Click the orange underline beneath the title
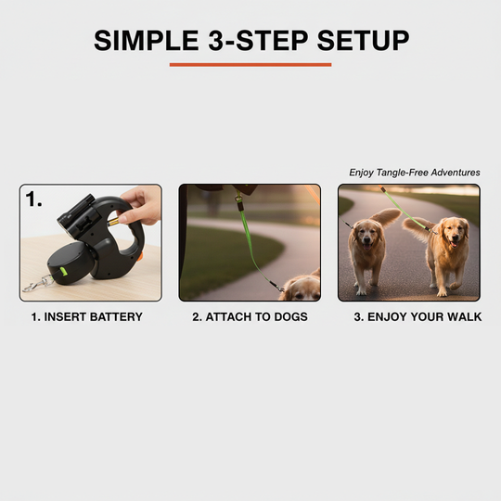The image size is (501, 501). coord(250,65)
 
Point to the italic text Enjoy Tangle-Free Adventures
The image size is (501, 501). coord(415,173)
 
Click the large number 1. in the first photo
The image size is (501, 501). coord(35,199)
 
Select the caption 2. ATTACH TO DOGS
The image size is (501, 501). coord(250,317)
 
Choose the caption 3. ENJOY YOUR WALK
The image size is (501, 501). coord(417,317)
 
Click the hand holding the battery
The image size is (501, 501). coord(142,204)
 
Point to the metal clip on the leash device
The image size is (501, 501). coord(33,285)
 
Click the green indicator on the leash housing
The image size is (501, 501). coord(65,273)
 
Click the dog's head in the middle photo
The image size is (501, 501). coord(302,288)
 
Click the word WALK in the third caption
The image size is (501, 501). coord(464,317)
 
